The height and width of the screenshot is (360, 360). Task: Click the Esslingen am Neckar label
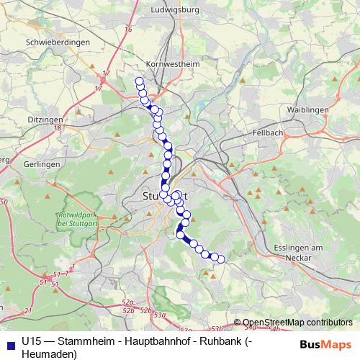coord(302,252)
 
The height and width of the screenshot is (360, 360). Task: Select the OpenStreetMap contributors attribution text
coord(297,323)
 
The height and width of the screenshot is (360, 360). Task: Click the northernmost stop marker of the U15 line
coord(139,81)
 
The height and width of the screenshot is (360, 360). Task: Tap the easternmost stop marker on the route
coord(221,259)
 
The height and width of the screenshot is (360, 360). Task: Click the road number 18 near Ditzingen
coord(55,128)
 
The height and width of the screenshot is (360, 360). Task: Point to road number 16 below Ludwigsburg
coord(128,30)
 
